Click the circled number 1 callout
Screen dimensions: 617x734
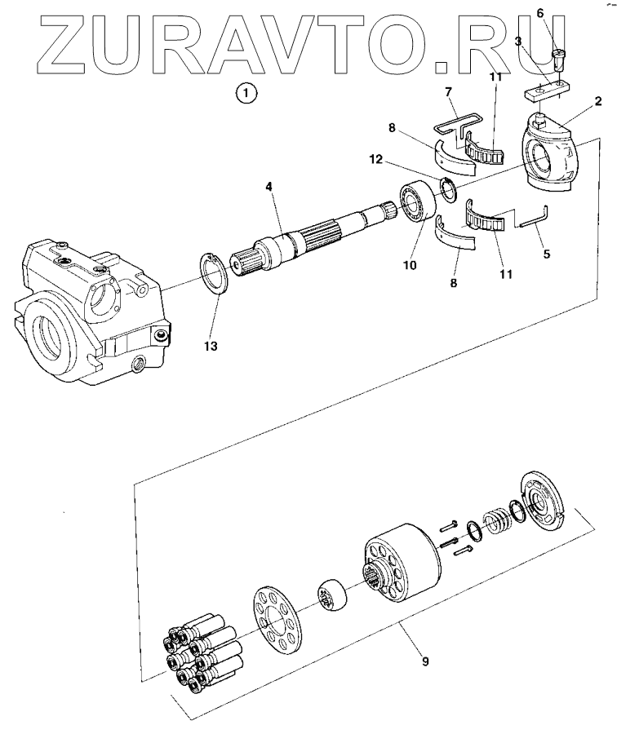coord(246,93)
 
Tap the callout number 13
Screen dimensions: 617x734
coord(211,346)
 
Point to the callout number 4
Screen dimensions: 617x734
coord(269,186)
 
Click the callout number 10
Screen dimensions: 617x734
coord(410,265)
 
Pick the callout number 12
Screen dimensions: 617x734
coord(375,159)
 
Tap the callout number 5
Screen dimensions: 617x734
coord(546,254)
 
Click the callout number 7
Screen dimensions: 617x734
coord(448,91)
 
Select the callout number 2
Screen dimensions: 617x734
coord(598,100)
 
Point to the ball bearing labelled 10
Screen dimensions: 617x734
coord(416,201)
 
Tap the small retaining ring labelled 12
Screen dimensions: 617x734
coord(448,189)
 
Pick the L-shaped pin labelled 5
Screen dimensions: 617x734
coord(534,219)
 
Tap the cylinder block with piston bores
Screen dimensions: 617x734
coord(403,567)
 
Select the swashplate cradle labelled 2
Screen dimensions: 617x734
coord(550,153)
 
